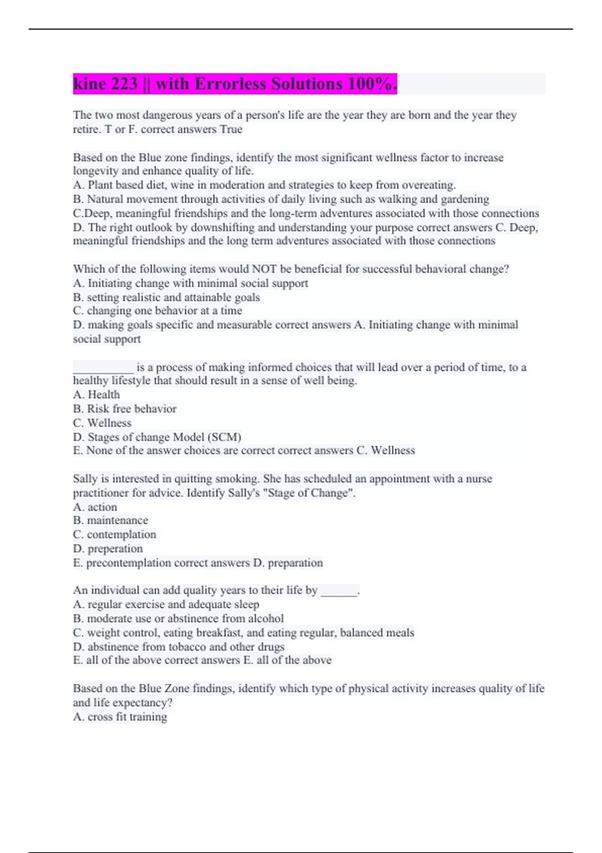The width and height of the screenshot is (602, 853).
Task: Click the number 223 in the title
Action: [121, 84]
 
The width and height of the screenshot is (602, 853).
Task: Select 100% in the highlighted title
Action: [371, 84]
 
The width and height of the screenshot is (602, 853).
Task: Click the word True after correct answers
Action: [231, 129]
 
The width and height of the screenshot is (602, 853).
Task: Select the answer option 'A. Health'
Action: [96, 395]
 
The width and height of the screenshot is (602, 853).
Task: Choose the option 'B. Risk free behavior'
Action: [124, 409]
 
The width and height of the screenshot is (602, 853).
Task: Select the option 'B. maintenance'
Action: [110, 520]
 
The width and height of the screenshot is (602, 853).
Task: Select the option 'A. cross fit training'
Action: [120, 717]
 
